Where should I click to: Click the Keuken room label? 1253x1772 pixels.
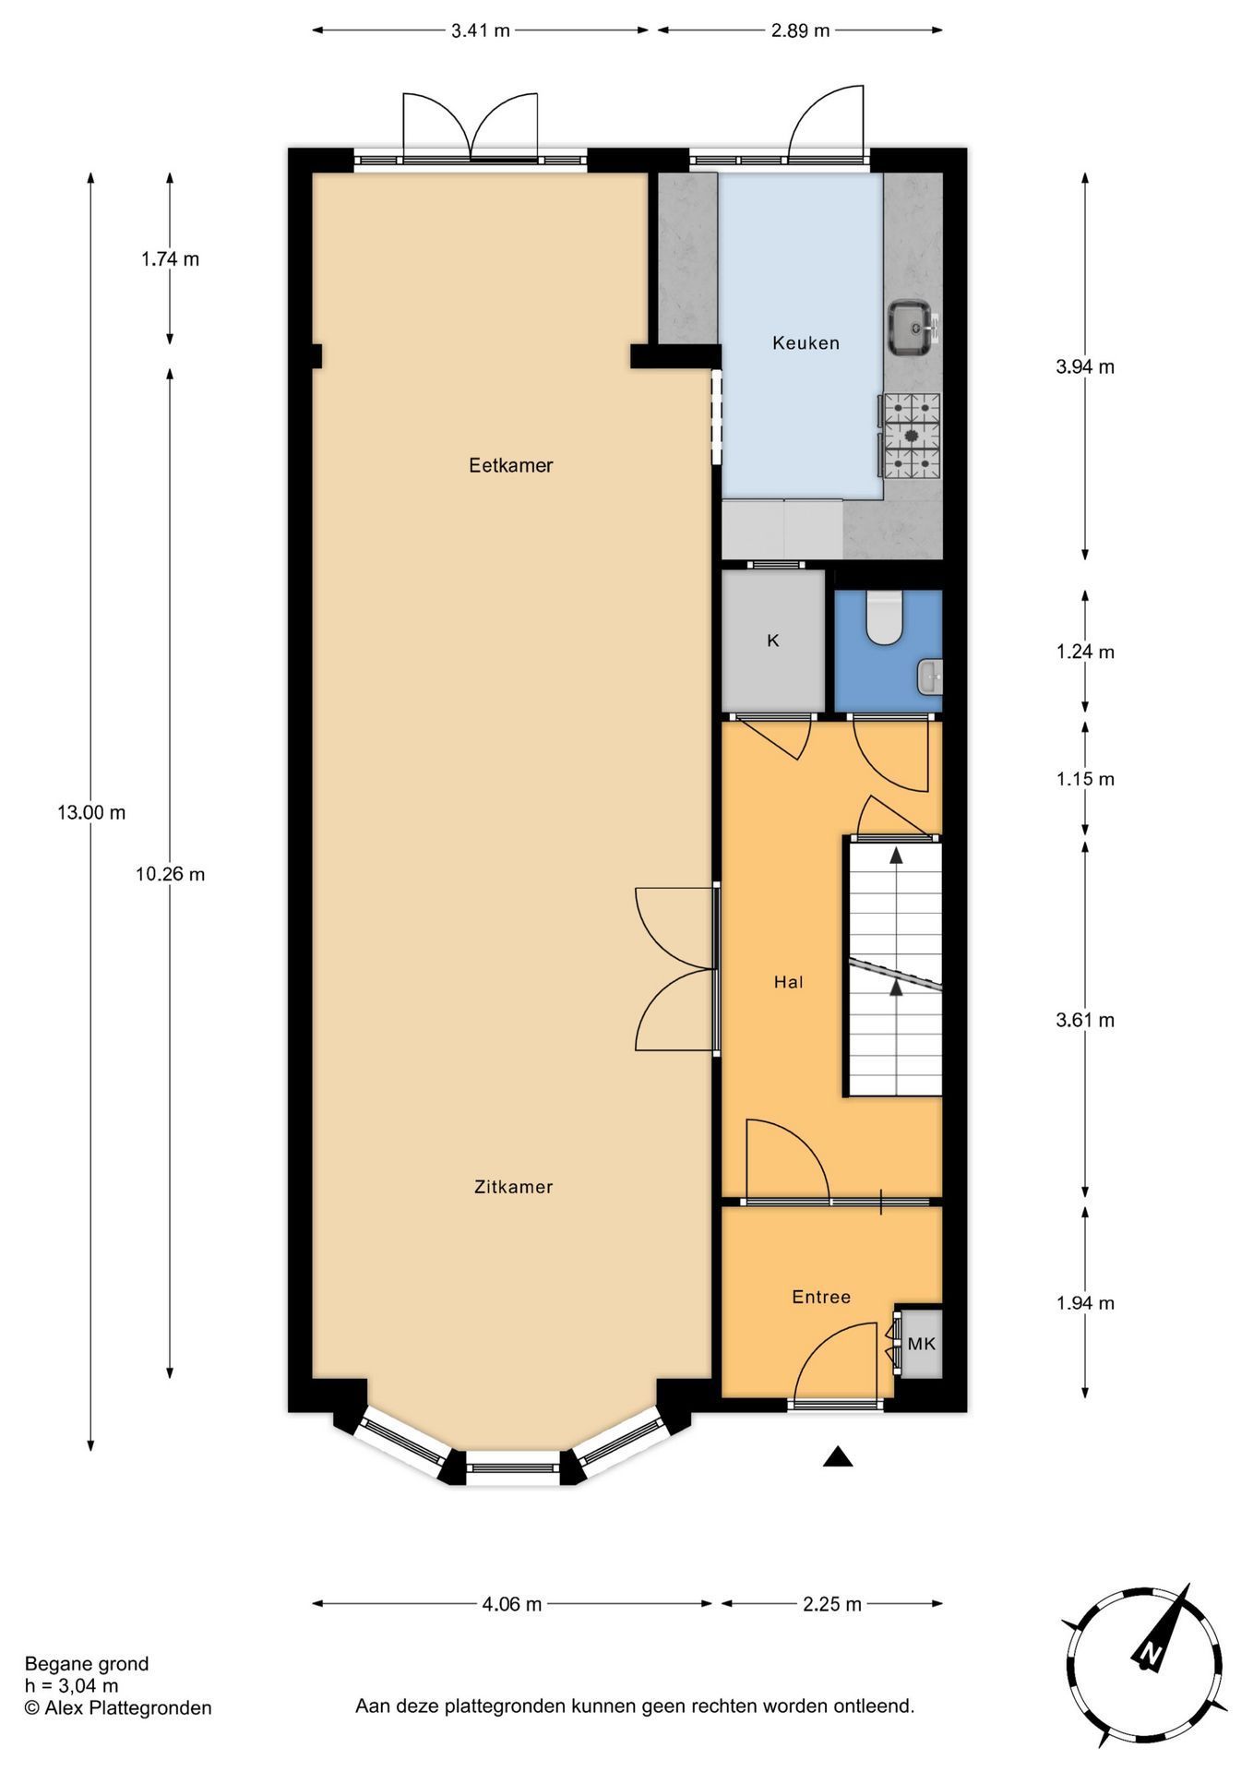(805, 343)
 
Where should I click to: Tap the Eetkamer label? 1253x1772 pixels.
(510, 465)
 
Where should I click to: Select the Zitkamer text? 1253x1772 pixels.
(513, 1187)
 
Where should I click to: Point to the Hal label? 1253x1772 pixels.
(788, 982)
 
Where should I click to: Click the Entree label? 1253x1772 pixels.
(821, 1297)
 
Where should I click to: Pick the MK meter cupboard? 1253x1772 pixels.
(921, 1344)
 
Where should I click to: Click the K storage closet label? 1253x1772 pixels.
(773, 641)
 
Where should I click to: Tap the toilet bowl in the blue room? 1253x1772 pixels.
(884, 617)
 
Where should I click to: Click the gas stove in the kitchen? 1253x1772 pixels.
(911, 435)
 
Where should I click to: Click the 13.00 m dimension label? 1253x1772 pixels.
(91, 813)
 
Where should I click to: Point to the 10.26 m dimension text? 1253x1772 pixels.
(171, 874)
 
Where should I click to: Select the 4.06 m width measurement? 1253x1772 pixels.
(512, 1604)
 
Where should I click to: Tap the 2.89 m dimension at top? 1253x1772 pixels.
(801, 30)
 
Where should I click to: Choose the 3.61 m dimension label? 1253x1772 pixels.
(1085, 1020)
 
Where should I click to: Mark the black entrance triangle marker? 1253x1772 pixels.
(838, 1455)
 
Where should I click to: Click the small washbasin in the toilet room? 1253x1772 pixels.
(930, 677)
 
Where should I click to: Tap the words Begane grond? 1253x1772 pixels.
(87, 1664)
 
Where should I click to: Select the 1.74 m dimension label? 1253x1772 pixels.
(170, 259)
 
